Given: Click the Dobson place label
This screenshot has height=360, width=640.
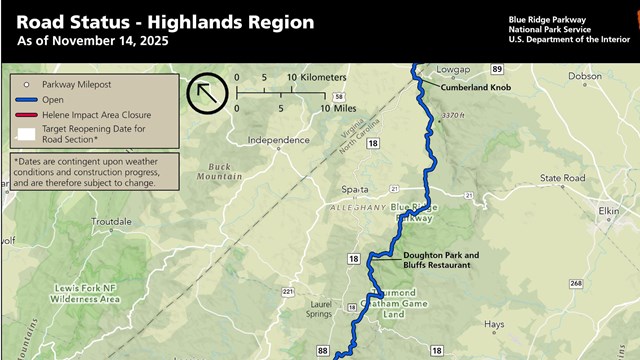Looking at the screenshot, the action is [x=585, y=75].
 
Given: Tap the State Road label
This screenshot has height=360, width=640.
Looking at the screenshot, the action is [x=561, y=178].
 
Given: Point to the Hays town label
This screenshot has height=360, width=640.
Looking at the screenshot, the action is [x=493, y=324].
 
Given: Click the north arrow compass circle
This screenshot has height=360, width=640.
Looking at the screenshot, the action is [x=205, y=93].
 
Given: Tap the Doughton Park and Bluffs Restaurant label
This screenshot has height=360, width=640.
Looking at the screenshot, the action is [x=441, y=260].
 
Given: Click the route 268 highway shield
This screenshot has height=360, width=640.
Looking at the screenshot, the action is [x=577, y=284].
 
